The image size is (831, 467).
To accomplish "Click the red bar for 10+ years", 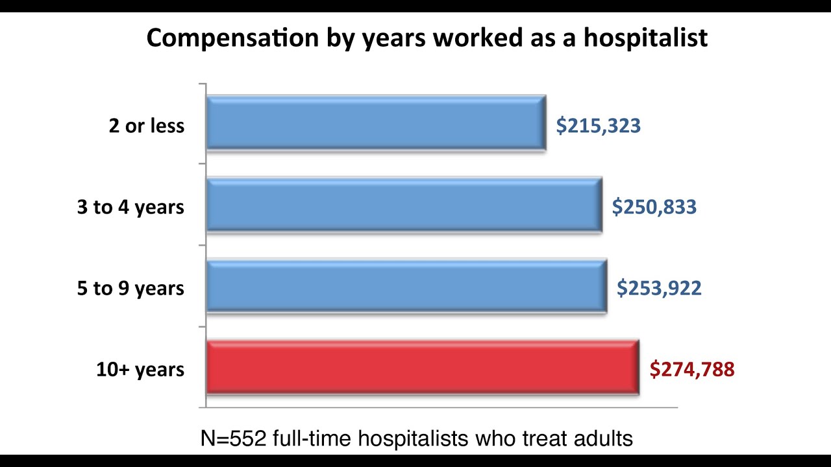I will [x=422, y=368].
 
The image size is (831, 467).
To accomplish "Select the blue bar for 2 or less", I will [x=375, y=123].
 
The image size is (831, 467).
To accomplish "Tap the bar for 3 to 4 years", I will [x=404, y=205].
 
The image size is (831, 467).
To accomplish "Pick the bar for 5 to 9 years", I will [x=406, y=287].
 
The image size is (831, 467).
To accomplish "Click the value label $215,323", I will [x=598, y=126].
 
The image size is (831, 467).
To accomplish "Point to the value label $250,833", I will [x=654, y=207].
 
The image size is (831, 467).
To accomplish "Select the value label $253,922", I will [x=659, y=288].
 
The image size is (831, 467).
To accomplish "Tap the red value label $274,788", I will [x=692, y=370].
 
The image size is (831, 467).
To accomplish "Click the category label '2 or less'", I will [x=147, y=126].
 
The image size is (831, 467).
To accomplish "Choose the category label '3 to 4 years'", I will [x=130, y=208].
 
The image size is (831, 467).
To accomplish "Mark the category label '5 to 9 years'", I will [x=130, y=289].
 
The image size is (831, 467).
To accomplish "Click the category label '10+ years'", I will [x=140, y=370].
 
